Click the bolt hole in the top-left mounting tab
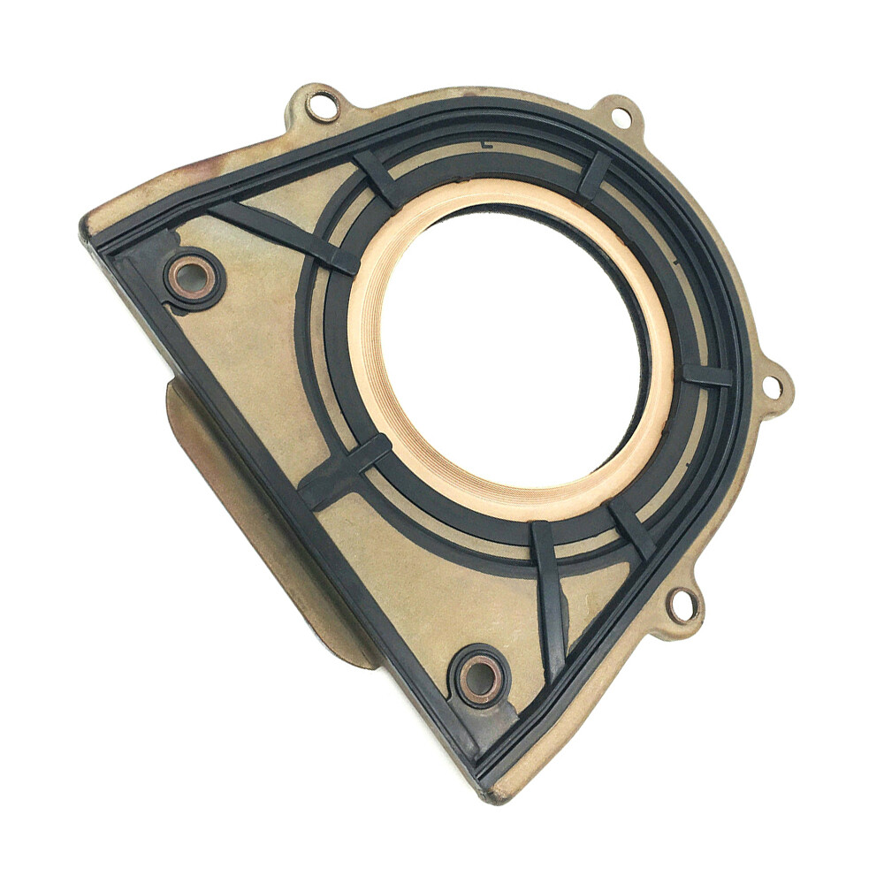322,107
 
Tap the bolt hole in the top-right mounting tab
621,117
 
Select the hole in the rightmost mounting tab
772,386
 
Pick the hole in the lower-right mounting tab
682,606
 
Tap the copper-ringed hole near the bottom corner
480,679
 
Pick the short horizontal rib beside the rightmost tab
708,375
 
